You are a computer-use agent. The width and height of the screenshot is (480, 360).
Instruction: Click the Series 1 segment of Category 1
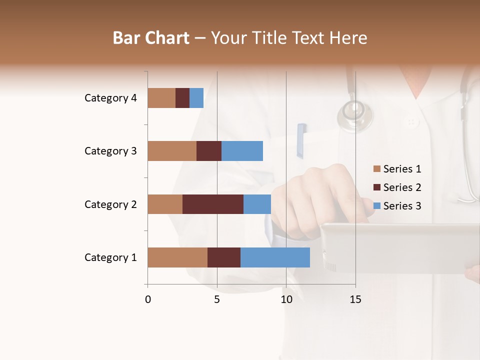coord(177,257)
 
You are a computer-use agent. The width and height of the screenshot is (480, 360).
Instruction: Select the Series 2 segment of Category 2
coord(213,204)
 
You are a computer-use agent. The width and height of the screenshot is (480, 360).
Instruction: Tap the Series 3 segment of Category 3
coord(242,151)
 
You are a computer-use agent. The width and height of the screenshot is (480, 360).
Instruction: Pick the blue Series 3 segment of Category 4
coord(196,98)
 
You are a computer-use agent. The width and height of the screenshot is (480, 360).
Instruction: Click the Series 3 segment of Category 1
coord(275,257)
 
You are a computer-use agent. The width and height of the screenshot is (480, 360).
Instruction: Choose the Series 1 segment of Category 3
coord(172,151)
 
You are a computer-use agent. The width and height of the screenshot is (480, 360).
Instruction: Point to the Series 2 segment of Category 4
coord(182,98)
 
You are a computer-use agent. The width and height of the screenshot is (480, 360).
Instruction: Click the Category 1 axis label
coord(110,257)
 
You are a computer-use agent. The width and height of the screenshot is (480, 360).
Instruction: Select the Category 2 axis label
coord(110,204)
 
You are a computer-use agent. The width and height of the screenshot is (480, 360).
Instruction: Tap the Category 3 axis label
coord(110,151)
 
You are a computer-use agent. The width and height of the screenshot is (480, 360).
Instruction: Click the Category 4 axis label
coord(110,98)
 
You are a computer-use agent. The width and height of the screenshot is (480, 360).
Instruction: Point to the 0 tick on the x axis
coord(148,299)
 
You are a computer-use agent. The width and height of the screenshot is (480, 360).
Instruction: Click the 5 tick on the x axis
coord(217,299)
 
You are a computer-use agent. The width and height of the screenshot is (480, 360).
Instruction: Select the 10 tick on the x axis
coord(286,299)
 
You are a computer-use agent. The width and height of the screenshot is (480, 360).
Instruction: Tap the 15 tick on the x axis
coord(355,299)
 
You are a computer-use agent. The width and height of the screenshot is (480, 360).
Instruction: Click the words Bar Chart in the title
coord(151,38)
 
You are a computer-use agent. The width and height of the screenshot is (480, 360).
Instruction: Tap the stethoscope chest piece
coord(355,115)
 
